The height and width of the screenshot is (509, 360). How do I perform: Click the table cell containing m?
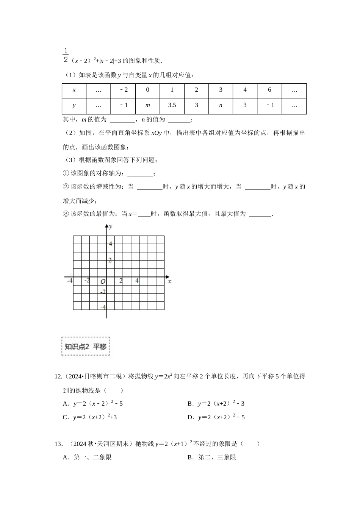pyautogui.click(x=148, y=105)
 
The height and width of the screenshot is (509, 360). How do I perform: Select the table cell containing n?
pyautogui.click(x=221, y=105)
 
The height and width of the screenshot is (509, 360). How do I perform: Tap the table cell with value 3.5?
pyautogui.click(x=172, y=105)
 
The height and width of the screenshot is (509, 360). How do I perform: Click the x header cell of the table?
pyautogui.click(x=74, y=90)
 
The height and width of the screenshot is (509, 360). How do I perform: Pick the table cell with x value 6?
pyautogui.click(x=269, y=90)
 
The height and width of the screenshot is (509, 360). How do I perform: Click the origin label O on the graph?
pyautogui.click(x=103, y=282)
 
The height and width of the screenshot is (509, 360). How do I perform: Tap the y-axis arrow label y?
pyautogui.click(x=110, y=227)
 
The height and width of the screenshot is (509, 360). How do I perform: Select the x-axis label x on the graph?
pyautogui.click(x=170, y=281)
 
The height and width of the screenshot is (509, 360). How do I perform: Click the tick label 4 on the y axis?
pyautogui.click(x=110, y=244)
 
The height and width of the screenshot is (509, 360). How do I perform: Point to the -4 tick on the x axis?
pyautogui.click(x=70, y=281)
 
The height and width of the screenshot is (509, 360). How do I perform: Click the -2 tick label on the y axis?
pyautogui.click(x=103, y=292)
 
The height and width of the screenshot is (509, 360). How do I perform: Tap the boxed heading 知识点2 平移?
pyautogui.click(x=86, y=346)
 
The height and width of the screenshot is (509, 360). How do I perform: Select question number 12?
pyautogui.click(x=58, y=376)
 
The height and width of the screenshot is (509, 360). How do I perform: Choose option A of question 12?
pyautogui.click(x=93, y=404)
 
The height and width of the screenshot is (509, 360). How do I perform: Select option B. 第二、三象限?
pyautogui.click(x=212, y=457)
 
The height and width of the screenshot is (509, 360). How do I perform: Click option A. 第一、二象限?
pyautogui.click(x=88, y=457)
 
